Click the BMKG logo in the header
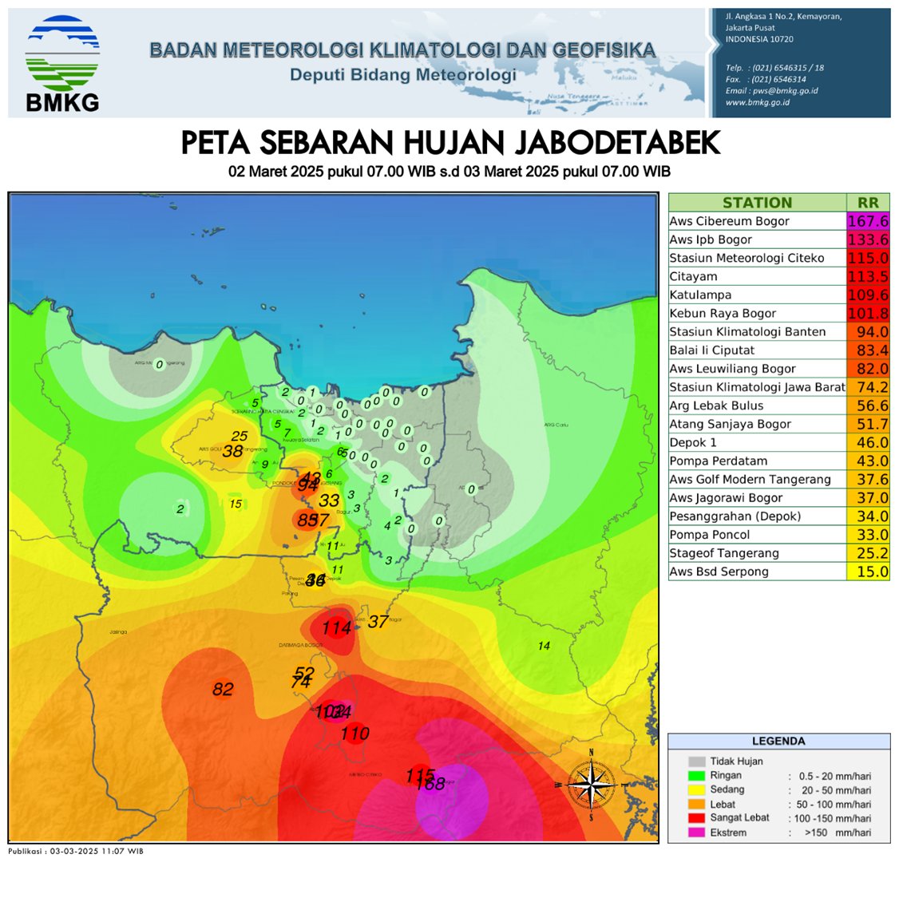click(x=62, y=64)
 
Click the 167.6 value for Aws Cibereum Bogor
click(x=867, y=221)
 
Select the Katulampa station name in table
click(x=700, y=295)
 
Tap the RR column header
click(x=867, y=203)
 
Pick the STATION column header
click(x=757, y=203)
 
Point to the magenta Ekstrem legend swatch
click(x=696, y=833)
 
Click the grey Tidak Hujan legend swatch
click(x=696, y=762)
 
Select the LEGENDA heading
click(x=778, y=741)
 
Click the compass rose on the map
click(x=591, y=784)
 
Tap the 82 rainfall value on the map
click(x=223, y=689)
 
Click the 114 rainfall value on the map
click(x=336, y=628)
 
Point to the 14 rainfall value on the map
click(x=544, y=646)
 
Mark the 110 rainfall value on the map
click(x=355, y=733)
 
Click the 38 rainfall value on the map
click(x=232, y=451)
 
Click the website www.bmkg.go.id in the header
click(x=757, y=102)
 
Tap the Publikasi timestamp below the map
click(x=76, y=851)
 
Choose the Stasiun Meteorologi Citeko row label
click(x=747, y=258)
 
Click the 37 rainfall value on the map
click(x=378, y=621)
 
